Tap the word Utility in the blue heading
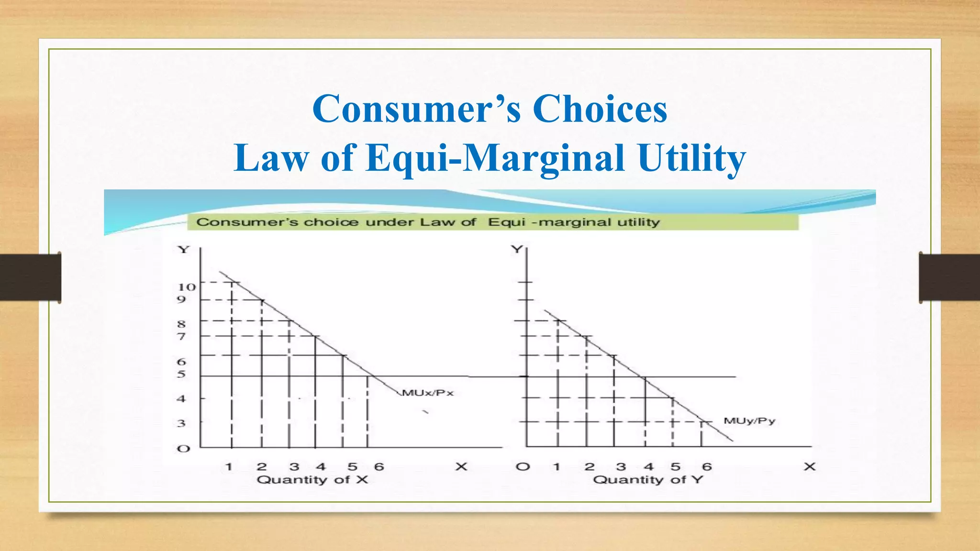[x=692, y=158]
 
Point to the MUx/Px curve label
[x=428, y=393]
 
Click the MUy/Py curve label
[x=749, y=421]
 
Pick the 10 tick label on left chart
[x=187, y=287]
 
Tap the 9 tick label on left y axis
[x=181, y=300]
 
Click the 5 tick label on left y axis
[x=181, y=374]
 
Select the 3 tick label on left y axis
[x=181, y=423]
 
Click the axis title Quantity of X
[x=312, y=480]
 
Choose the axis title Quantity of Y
[x=648, y=480]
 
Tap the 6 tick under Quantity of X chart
[x=379, y=467]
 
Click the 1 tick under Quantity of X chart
[x=229, y=467]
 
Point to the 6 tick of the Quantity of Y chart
[x=707, y=467]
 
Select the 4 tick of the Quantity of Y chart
[x=648, y=467]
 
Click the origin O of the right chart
[x=523, y=467]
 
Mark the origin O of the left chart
[x=183, y=449]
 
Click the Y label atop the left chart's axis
[x=184, y=250]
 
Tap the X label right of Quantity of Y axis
[x=809, y=467]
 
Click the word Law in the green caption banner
[x=433, y=222]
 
